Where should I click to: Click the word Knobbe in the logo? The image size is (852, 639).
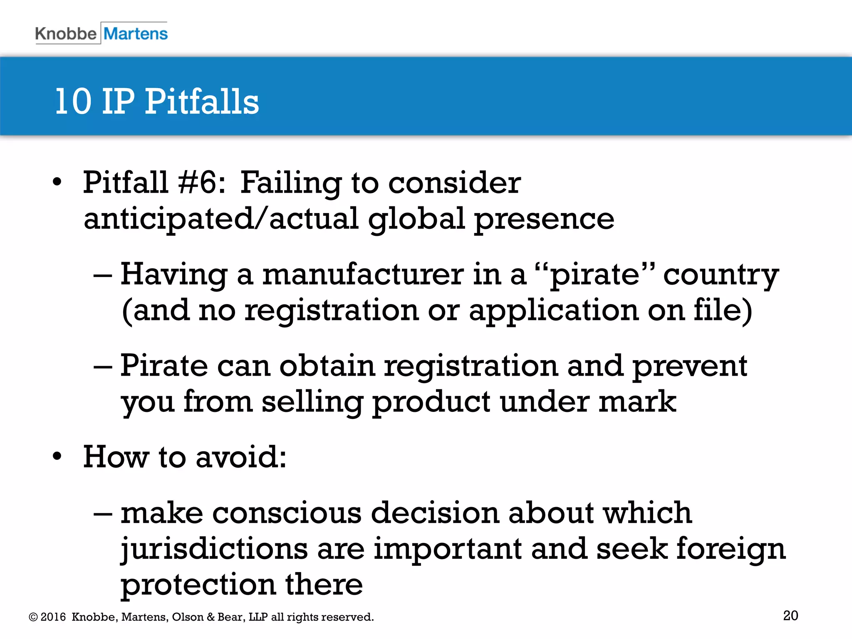pyautogui.click(x=65, y=33)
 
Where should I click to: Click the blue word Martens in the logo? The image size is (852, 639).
pyautogui.click(x=136, y=33)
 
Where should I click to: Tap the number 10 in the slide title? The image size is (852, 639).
pyautogui.click(x=73, y=102)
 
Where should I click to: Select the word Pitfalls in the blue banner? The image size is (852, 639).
pyautogui.click(x=202, y=102)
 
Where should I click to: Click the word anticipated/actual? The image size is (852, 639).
pyautogui.click(x=221, y=219)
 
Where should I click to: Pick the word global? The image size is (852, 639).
pyautogui.click(x=416, y=219)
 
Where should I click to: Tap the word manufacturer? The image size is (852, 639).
pyautogui.click(x=363, y=275)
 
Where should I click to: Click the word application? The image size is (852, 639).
pyautogui.click(x=553, y=311)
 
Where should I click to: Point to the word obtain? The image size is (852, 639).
pyautogui.click(x=327, y=366)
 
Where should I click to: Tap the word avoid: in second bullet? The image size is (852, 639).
pyautogui.click(x=241, y=457)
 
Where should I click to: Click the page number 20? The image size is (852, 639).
pyautogui.click(x=790, y=615)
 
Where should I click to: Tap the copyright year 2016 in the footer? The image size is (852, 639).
pyautogui.click(x=53, y=617)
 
